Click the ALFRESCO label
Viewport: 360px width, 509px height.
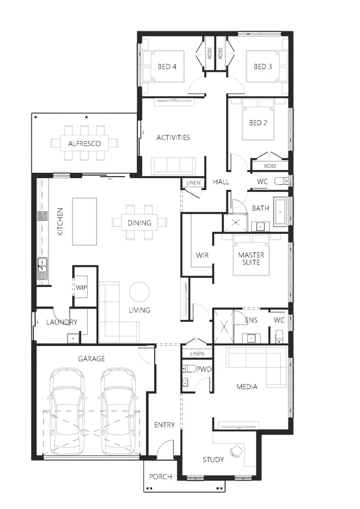[x=84, y=143]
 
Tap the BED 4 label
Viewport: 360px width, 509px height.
[x=167, y=67]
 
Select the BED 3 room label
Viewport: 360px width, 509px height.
[x=262, y=67]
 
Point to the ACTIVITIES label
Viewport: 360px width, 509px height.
[x=173, y=138]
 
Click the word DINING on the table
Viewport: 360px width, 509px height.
[x=139, y=223]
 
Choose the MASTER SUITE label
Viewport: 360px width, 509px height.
[x=251, y=258]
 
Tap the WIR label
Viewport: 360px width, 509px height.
[x=203, y=255]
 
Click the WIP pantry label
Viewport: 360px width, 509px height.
[x=82, y=287]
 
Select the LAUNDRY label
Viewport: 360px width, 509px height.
[x=62, y=322]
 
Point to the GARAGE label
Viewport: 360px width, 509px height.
[x=91, y=359]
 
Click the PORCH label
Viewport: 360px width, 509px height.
[x=160, y=476]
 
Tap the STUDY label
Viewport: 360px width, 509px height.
[x=213, y=460]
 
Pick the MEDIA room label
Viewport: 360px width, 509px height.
[x=247, y=387]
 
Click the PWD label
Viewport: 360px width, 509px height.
[x=204, y=369]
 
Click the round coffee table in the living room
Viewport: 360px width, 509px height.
[x=139, y=291]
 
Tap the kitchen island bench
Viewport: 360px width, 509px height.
[x=84, y=222]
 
